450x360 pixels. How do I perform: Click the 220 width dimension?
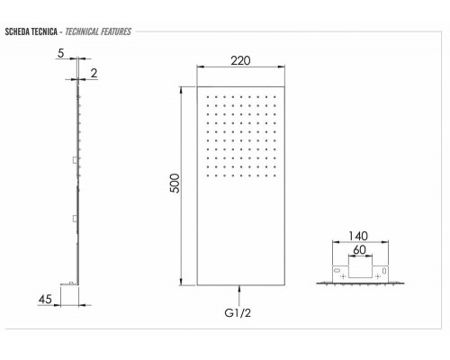click(x=239, y=61)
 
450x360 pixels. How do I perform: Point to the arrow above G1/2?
click(x=240, y=291)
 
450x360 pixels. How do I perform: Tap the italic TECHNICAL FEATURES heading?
click(x=99, y=31)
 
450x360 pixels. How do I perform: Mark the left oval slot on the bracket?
click(x=337, y=269)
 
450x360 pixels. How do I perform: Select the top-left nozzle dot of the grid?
click(x=207, y=94)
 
